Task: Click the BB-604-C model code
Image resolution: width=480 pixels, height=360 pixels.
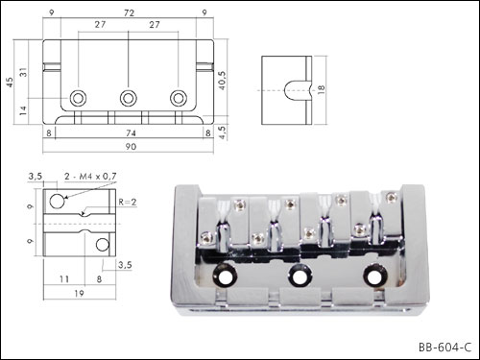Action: [x=444, y=348]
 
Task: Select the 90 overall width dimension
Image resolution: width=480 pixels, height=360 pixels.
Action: [x=131, y=147]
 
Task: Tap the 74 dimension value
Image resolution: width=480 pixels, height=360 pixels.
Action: [x=131, y=132]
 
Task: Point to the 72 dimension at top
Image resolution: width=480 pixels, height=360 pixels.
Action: [x=129, y=13]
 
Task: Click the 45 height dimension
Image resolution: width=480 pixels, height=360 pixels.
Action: [x=11, y=83]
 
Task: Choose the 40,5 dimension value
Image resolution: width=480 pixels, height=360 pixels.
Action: [x=223, y=80]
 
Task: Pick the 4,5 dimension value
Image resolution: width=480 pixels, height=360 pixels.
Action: [x=223, y=132]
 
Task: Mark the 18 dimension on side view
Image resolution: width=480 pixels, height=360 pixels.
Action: [x=322, y=89]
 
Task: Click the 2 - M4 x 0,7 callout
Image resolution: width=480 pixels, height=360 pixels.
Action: [x=90, y=177]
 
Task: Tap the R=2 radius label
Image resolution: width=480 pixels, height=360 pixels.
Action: [x=128, y=202]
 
